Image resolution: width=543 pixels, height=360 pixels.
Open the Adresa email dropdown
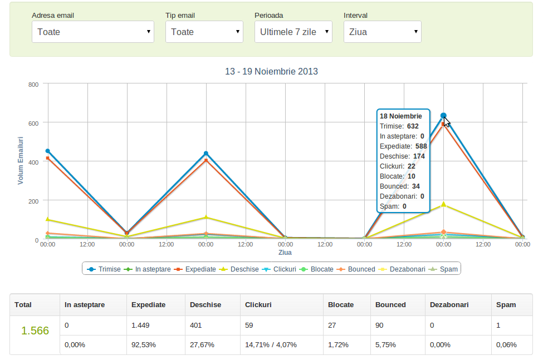(x=93, y=32)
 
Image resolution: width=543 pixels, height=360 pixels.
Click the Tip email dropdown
(x=204, y=32)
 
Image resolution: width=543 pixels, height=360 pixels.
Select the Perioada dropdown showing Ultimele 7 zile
(x=293, y=32)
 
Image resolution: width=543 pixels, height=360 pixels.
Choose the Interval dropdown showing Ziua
(x=382, y=32)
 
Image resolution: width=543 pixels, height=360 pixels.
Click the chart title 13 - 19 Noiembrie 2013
(x=271, y=71)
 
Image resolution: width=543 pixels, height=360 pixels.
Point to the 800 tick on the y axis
(x=33, y=85)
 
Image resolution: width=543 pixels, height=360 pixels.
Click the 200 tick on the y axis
(x=33, y=201)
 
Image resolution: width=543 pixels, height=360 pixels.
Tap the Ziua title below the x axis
(x=285, y=253)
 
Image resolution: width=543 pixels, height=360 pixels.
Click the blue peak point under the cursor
(x=443, y=116)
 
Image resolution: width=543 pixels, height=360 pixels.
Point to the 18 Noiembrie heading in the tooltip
(x=400, y=116)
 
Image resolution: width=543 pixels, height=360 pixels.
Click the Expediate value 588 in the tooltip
(x=421, y=146)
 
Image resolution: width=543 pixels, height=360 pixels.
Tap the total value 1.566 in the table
(x=35, y=331)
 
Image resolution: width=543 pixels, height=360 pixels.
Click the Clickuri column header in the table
(x=258, y=304)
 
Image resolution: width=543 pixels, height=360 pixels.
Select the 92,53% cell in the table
(x=143, y=345)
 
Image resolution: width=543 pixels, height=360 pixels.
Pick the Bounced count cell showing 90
(x=379, y=325)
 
